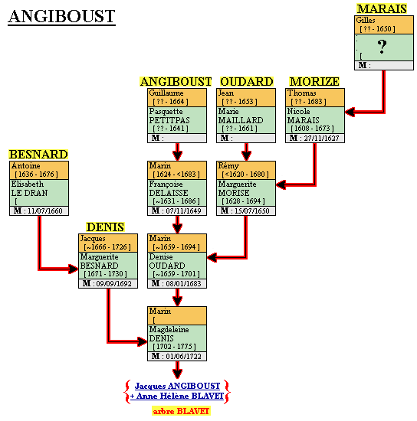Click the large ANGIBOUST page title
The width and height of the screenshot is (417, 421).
click(61, 16)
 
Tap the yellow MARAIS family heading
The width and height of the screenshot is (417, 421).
click(382, 9)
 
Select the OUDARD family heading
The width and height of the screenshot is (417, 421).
click(247, 82)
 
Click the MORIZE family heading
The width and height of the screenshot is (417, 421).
click(314, 82)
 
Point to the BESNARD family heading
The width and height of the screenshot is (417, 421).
click(38, 155)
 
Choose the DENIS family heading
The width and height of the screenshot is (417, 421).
click(105, 227)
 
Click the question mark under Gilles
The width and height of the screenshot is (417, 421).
click(382, 47)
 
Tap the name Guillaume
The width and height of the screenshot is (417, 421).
click(166, 93)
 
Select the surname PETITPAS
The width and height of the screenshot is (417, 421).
click(169, 120)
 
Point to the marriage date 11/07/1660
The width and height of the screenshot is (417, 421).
click(45, 211)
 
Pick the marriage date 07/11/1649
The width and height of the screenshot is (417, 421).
click(183, 211)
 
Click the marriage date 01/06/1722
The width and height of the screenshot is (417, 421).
click(183, 357)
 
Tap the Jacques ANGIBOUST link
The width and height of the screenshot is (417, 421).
click(177, 386)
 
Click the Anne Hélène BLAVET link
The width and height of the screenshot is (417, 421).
click(177, 397)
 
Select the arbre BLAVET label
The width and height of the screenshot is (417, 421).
click(181, 411)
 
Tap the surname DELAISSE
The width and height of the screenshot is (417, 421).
click(169, 193)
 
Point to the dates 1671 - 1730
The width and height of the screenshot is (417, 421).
click(105, 274)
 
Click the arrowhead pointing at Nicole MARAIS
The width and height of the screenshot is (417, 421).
click(350, 112)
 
